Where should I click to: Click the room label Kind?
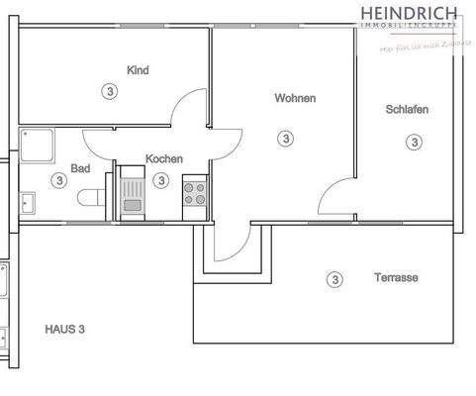[x=138, y=69]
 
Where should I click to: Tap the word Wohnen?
[x=295, y=98]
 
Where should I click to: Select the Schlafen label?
[x=407, y=109]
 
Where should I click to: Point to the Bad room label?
[x=80, y=169]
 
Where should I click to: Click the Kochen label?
[x=163, y=158]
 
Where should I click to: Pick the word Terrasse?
[x=396, y=278]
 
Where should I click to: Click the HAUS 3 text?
[x=66, y=329]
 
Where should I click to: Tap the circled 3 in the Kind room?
[x=108, y=91]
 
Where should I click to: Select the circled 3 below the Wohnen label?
[x=286, y=138]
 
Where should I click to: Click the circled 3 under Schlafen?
[x=413, y=142]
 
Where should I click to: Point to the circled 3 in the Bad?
[x=59, y=180]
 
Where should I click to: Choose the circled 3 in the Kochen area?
[x=160, y=180]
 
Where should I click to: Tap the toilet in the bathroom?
[x=93, y=196]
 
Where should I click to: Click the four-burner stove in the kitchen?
[x=195, y=192]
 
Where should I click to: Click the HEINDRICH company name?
[x=409, y=12]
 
